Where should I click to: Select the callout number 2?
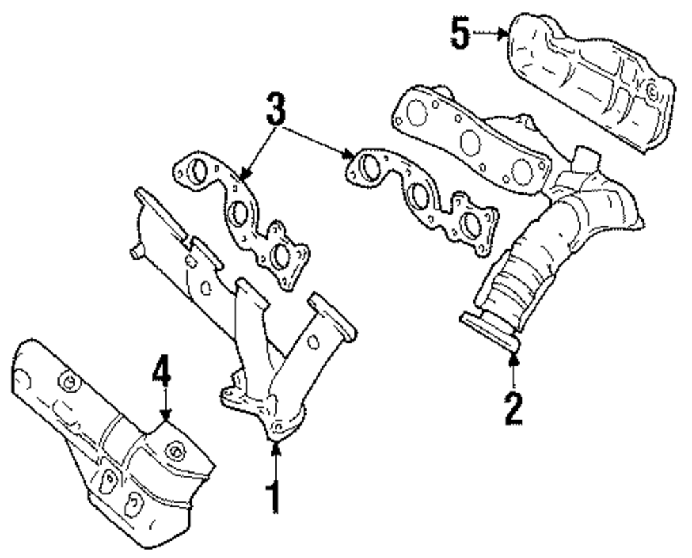[x=513, y=408]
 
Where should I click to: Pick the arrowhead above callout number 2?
[x=513, y=357]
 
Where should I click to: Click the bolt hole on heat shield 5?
[x=650, y=90]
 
